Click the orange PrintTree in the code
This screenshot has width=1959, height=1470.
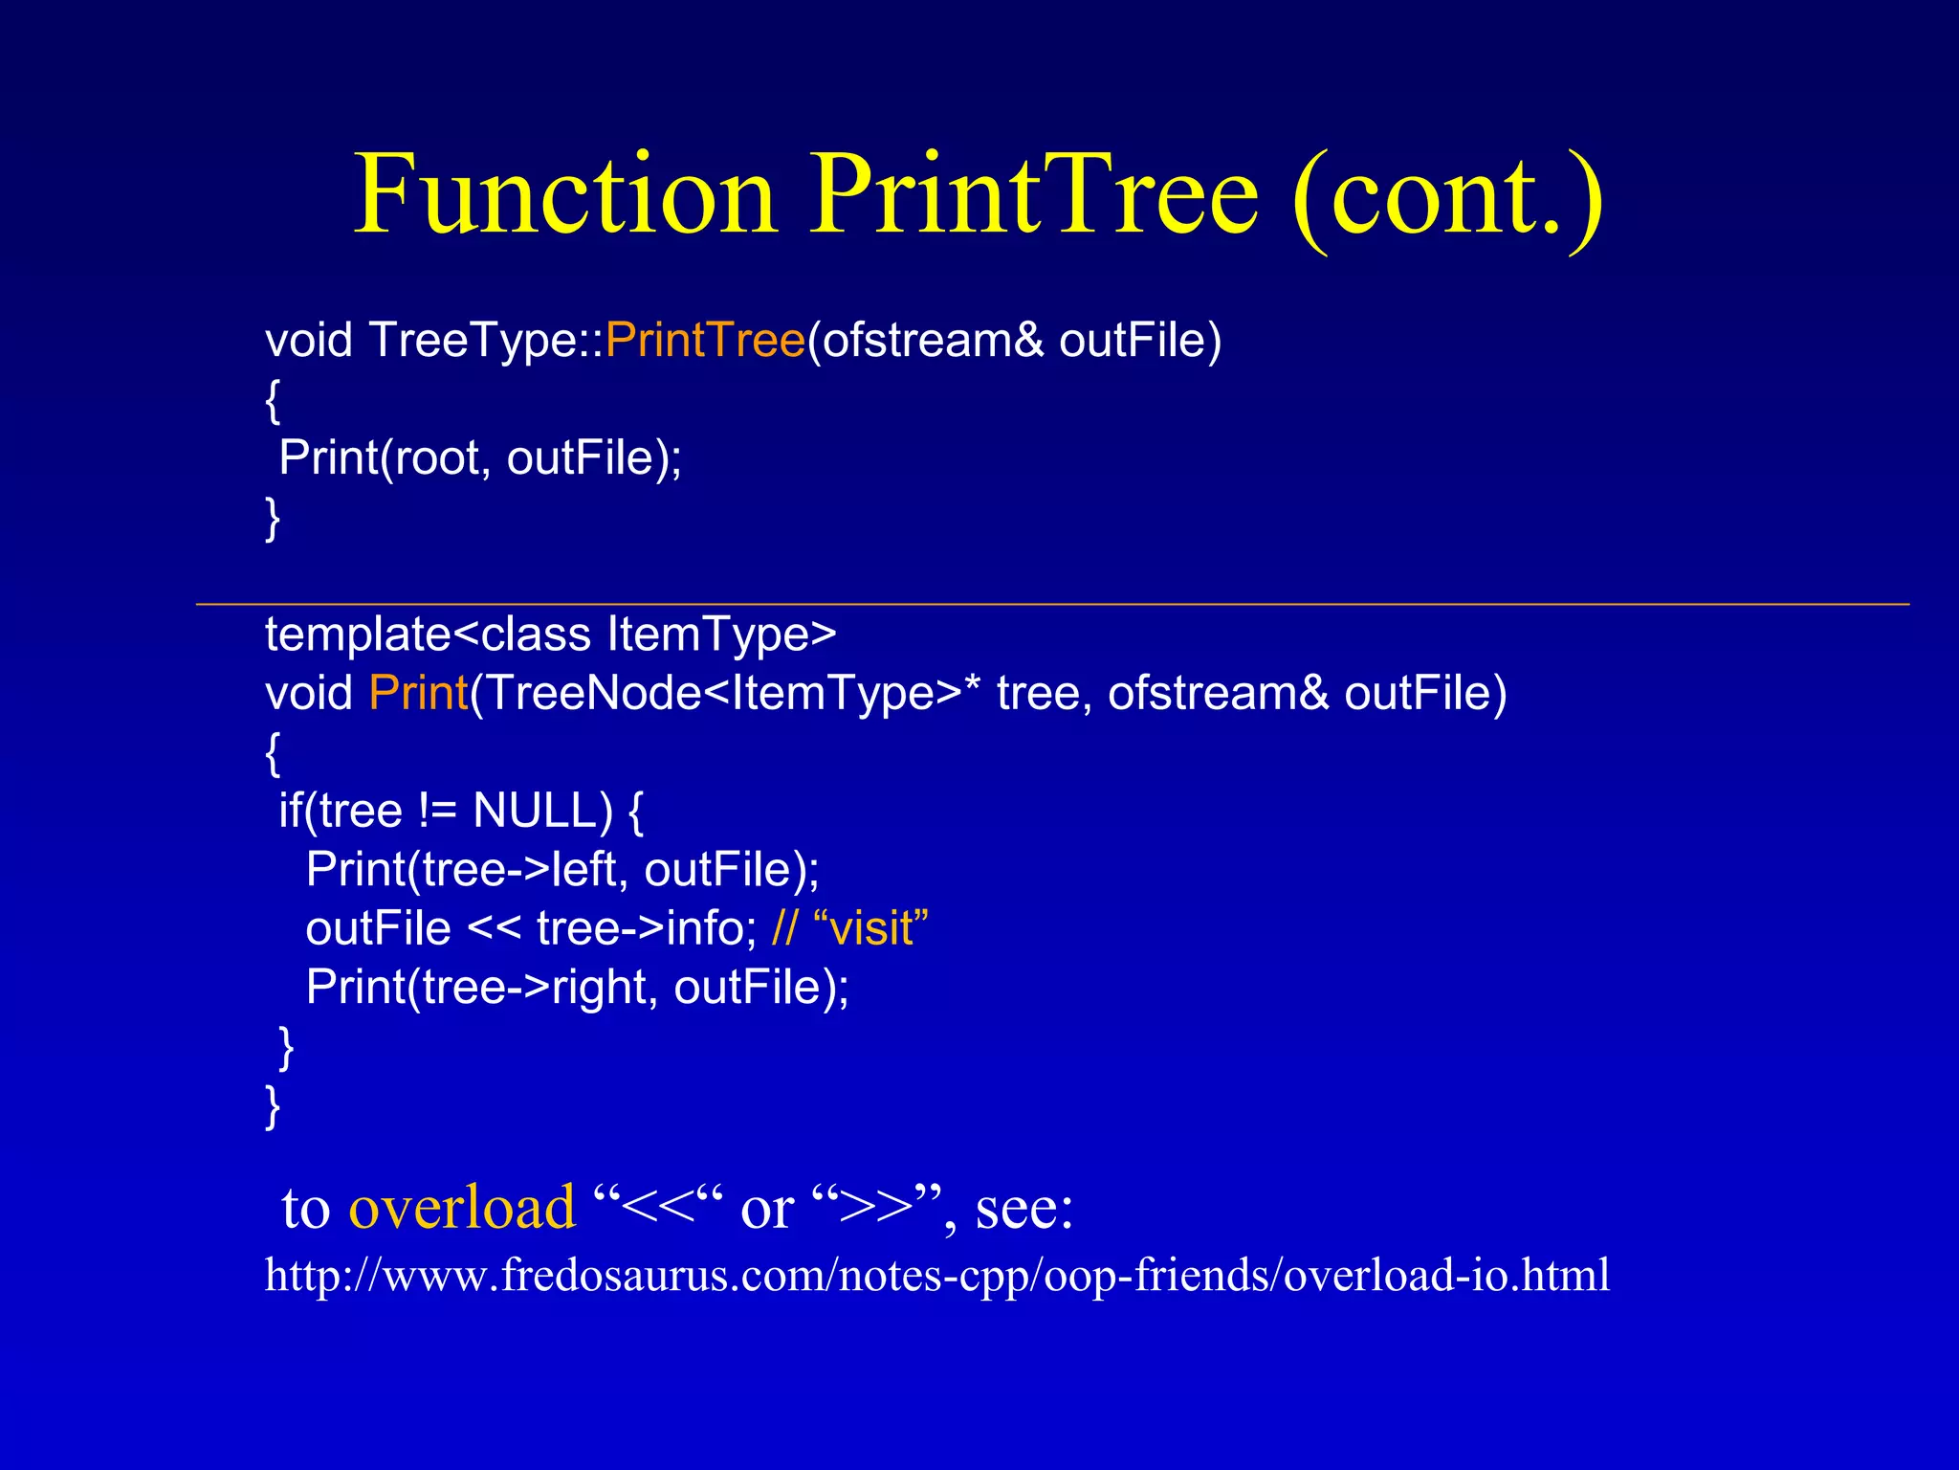point(705,341)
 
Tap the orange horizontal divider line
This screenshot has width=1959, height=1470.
point(1052,605)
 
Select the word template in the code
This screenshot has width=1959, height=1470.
point(357,635)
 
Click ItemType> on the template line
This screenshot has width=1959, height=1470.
point(722,635)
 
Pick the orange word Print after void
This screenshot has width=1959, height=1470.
point(418,694)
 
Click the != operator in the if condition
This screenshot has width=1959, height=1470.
point(436,812)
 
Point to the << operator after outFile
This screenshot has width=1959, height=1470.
point(494,929)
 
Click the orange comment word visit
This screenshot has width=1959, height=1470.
point(871,929)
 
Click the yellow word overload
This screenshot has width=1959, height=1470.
point(462,1208)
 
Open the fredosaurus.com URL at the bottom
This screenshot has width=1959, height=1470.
point(937,1276)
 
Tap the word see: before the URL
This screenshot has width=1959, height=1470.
point(1024,1208)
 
